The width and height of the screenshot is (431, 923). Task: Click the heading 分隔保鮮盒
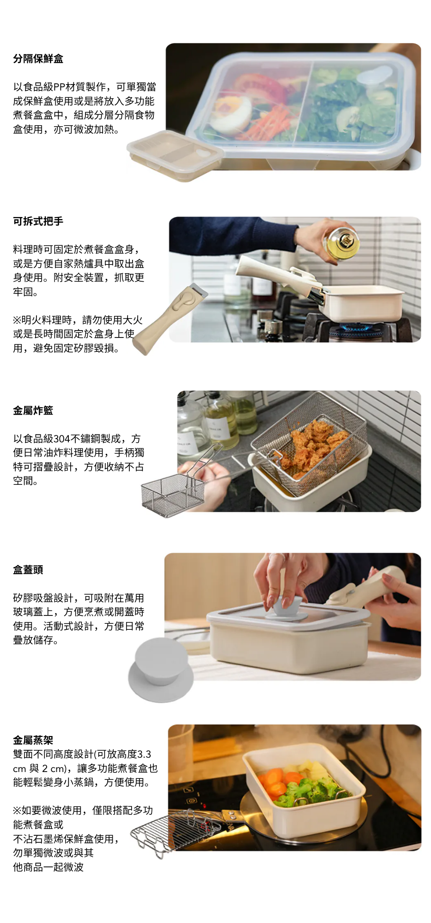38,59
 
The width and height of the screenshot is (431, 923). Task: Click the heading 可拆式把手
38,221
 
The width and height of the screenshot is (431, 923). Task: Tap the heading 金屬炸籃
33,410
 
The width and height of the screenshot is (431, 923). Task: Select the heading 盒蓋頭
28,570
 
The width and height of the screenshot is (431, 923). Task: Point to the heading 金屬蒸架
33,740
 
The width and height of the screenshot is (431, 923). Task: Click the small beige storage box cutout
175,156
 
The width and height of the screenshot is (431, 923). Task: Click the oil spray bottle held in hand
342,240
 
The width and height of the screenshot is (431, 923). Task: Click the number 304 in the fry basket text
62,439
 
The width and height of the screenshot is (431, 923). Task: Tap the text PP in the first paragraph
60,87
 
